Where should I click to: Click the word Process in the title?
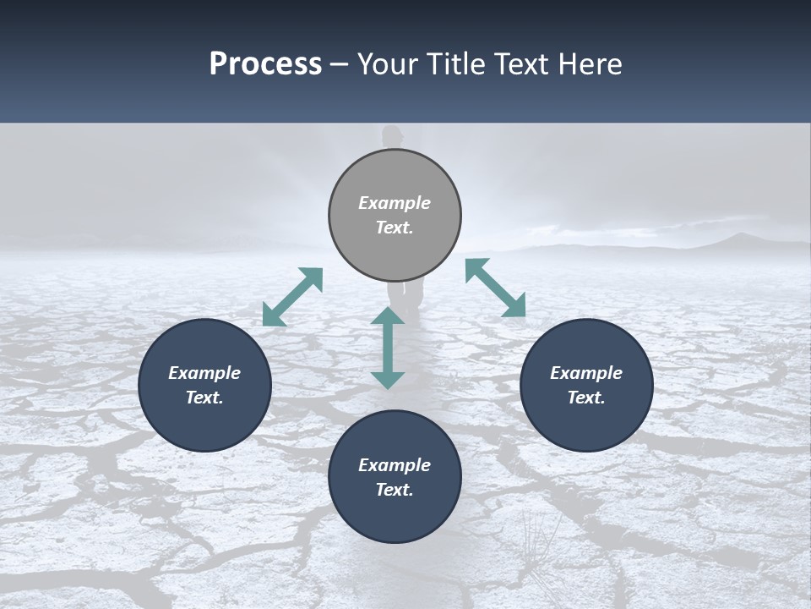[265, 64]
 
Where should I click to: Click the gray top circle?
[395, 215]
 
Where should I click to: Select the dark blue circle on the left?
[204, 385]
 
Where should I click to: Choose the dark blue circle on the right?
[586, 385]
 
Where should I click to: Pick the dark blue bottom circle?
[395, 477]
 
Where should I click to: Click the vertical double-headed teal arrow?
[388, 348]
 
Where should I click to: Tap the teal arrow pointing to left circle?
[292, 297]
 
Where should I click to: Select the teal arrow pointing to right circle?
[496, 288]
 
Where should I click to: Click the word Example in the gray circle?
[395, 203]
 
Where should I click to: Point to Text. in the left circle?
[204, 398]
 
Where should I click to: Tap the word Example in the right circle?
[586, 373]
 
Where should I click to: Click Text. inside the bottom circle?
[395, 490]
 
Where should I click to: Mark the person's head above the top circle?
[391, 135]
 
